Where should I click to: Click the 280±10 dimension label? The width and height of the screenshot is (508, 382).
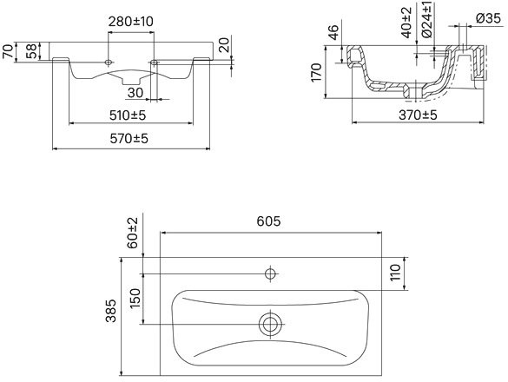coord(130,22)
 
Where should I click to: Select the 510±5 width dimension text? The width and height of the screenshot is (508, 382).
coord(128,115)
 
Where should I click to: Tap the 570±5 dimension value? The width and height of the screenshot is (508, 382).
coord(129,139)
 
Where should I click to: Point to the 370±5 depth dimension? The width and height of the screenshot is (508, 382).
coord(418,115)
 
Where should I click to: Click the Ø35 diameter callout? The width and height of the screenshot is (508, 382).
coord(489,18)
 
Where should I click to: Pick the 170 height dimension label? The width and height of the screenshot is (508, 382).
coord(317,73)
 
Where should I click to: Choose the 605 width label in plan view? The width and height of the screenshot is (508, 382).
coord(268,221)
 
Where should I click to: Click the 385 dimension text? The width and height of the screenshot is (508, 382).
coord(111,311)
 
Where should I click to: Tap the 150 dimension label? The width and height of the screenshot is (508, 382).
coord(135,298)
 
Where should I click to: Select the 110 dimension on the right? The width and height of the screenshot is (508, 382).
coord(395,273)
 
